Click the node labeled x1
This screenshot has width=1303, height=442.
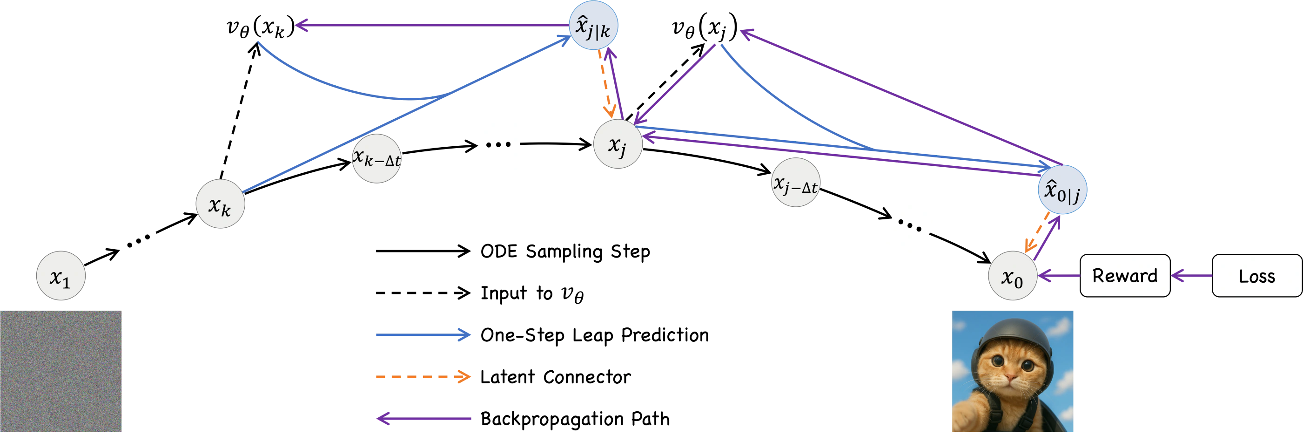coord(60,276)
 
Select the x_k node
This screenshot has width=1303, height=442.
coord(220,204)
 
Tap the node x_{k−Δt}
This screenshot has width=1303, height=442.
coord(376,158)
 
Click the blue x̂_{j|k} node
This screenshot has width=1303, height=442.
coord(593,26)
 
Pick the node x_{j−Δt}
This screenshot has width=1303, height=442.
coord(795,183)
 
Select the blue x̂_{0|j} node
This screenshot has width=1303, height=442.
coord(1062,190)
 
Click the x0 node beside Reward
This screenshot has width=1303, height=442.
coord(1012,276)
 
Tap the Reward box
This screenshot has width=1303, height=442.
coord(1125,276)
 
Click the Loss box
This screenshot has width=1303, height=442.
coord(1256,276)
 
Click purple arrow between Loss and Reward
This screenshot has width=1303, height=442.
coord(1191,276)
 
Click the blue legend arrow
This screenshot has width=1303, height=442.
coord(424,335)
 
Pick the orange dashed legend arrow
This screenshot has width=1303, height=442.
coord(424,376)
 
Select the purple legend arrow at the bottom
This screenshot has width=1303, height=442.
coord(424,419)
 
